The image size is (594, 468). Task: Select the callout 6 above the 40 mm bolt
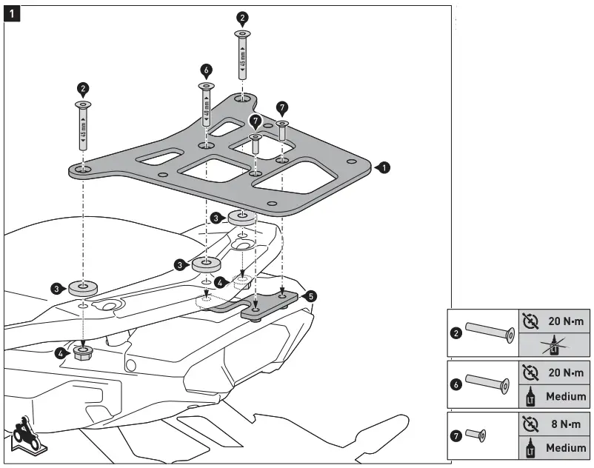(206, 70)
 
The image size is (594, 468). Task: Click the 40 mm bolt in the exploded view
(206, 107)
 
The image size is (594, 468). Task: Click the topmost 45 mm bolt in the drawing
(242, 56)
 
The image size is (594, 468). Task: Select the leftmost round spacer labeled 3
(83, 287)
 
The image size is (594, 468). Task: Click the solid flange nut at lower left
(83, 351)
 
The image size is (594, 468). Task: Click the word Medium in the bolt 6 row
(567, 396)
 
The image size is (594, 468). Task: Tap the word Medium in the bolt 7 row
(567, 448)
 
